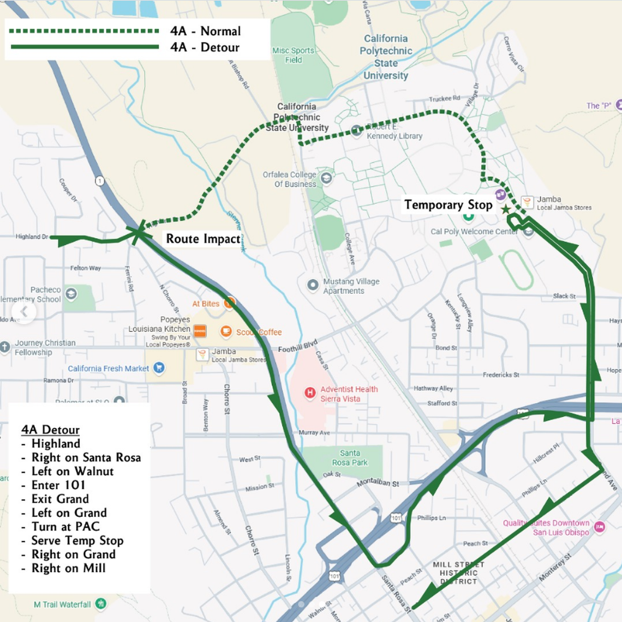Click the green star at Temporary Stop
506,209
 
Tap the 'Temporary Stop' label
448,205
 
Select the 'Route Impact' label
203,239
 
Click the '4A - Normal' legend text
205,31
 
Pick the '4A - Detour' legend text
205,47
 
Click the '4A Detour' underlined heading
50,430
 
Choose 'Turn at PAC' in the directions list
65,527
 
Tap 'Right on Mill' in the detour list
68,568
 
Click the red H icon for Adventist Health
310,393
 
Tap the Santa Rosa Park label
350,457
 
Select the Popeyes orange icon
200,330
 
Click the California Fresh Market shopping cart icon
159,368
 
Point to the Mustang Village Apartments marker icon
313,285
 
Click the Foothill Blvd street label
297,346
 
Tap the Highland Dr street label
32,237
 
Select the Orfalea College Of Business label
290,179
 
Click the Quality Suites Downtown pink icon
600,526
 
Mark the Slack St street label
564,296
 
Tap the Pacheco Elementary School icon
71,294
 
